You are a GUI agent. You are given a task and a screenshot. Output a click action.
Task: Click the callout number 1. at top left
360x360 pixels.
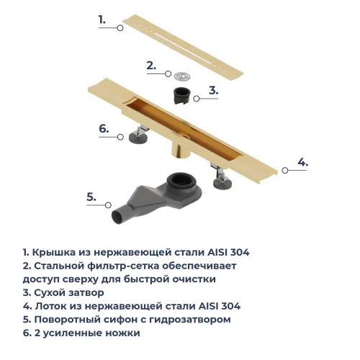pos(102,20)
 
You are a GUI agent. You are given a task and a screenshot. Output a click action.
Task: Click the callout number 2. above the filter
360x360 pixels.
pos(150,66)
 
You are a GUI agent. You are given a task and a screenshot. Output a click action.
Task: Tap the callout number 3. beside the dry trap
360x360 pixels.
pos(213,90)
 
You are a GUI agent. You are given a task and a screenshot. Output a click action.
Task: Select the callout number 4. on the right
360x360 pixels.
pos(302,162)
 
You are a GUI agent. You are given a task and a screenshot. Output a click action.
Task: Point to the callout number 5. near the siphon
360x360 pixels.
pos(91,196)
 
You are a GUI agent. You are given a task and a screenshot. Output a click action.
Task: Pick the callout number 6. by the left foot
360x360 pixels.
pos(104,130)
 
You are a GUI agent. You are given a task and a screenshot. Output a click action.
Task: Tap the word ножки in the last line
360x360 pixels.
pos(123,333)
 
